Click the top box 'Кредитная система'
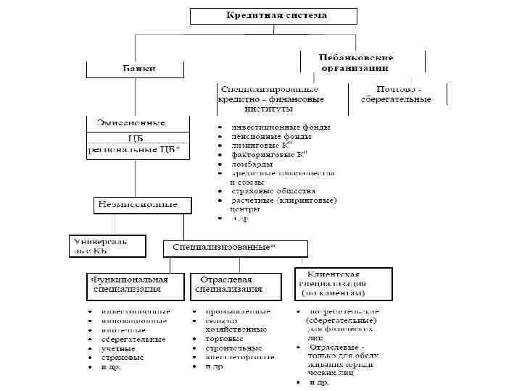tap(273, 16)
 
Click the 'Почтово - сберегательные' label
tap(397, 94)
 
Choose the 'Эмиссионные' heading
tap(137, 123)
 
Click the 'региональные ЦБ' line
tap(137, 151)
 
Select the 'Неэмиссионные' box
tap(142, 204)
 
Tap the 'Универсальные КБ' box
tap(107, 245)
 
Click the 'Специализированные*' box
tap(235, 248)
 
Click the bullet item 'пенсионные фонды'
tap(272, 136)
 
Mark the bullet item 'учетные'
tap(117, 348)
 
